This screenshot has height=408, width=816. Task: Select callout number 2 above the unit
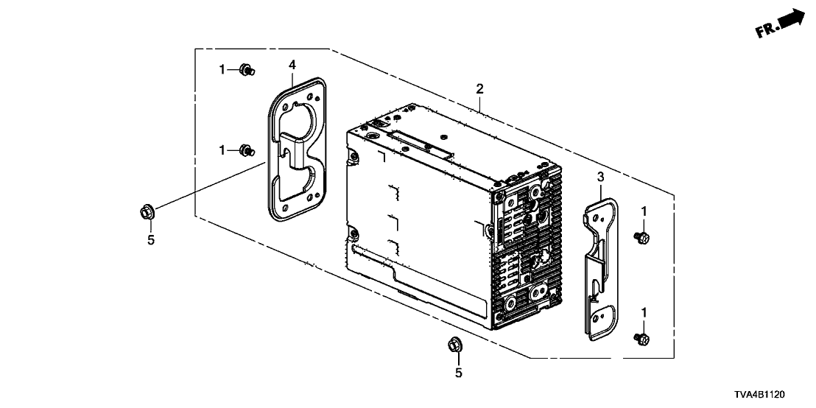click(x=479, y=89)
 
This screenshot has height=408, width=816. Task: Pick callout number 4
click(x=292, y=65)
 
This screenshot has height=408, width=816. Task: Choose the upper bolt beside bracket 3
click(x=641, y=237)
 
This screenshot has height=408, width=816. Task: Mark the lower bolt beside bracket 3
click(x=641, y=338)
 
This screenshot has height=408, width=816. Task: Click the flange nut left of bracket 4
click(x=145, y=213)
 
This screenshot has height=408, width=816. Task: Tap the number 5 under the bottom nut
click(x=458, y=373)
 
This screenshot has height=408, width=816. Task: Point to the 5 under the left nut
click(x=151, y=240)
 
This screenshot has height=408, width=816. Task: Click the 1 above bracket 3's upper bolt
click(x=644, y=211)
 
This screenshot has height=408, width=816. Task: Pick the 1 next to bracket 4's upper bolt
click(x=222, y=70)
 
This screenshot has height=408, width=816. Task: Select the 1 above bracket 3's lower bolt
click(x=644, y=313)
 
